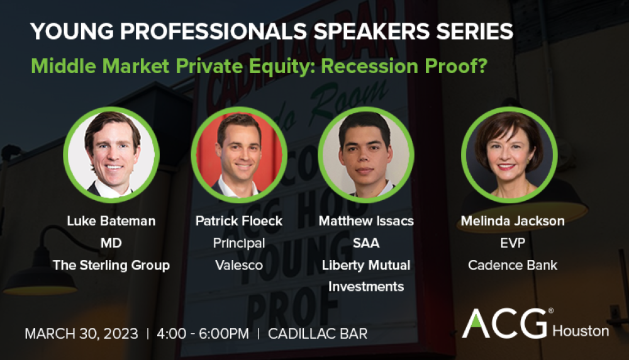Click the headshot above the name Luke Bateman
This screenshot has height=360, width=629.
click(111, 155)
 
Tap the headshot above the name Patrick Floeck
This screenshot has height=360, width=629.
click(239, 155)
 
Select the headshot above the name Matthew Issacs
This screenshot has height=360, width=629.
click(366, 155)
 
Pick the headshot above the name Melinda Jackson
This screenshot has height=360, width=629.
click(509, 155)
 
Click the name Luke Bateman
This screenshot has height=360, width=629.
click(111, 221)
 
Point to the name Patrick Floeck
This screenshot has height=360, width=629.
click(239, 221)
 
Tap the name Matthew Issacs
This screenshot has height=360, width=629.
click(366, 221)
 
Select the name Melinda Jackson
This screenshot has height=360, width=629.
click(513, 221)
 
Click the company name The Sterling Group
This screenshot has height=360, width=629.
click(111, 266)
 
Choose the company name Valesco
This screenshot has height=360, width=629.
click(239, 266)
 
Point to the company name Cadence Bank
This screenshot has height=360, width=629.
click(513, 266)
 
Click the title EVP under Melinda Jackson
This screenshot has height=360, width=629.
click(513, 243)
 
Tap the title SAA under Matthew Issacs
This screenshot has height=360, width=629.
click(366, 243)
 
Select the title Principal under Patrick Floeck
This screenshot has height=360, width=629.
click(239, 243)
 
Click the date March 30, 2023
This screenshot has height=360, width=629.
click(81, 334)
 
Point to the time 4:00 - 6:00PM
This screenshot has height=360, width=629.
click(203, 334)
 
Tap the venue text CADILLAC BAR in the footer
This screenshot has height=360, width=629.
click(318, 334)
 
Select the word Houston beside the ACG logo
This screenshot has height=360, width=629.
click(581, 332)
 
